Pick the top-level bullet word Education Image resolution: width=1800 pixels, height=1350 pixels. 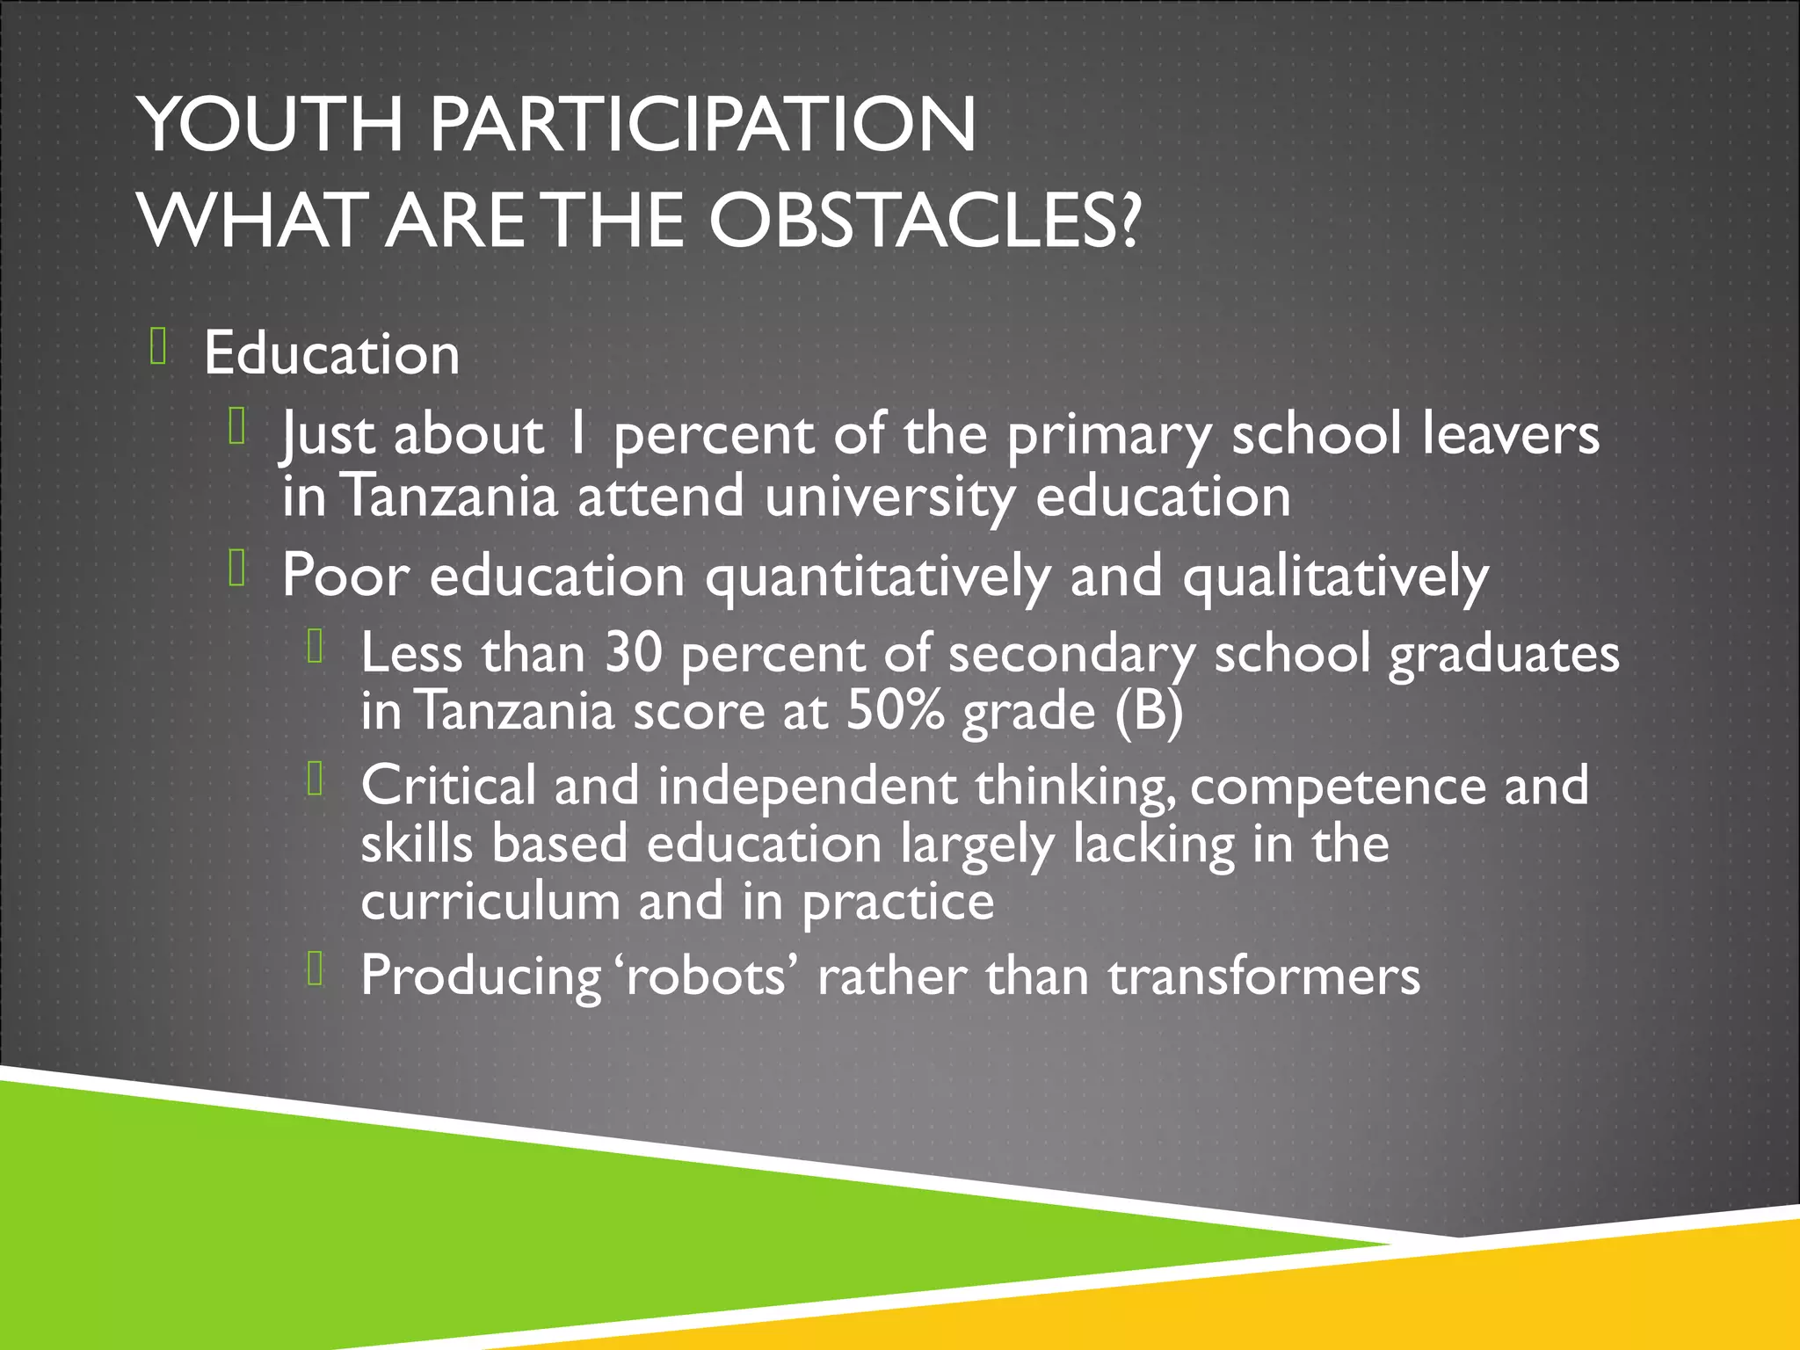pos(331,353)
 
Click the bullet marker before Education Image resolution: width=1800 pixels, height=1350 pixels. pos(158,345)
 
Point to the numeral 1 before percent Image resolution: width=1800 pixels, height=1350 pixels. pos(577,434)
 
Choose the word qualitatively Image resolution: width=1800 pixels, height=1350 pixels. pos(1335,577)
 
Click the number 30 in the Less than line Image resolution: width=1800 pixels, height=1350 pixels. pos(633,653)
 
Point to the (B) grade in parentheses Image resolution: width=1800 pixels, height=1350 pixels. pos(1149,710)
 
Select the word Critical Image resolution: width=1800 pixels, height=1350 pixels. pos(448,785)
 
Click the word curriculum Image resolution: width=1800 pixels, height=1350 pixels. pos(490,902)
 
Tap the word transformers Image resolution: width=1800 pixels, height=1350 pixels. pos(1263,976)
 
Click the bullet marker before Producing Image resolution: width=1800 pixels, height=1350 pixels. pos(316,969)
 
